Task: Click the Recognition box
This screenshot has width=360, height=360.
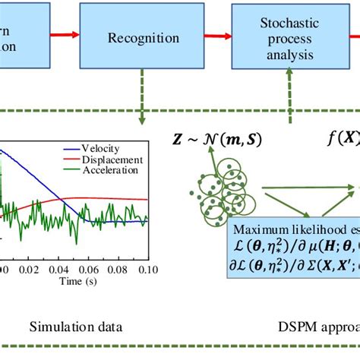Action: tap(144, 36)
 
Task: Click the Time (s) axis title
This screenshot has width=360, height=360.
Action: tap(74, 282)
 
